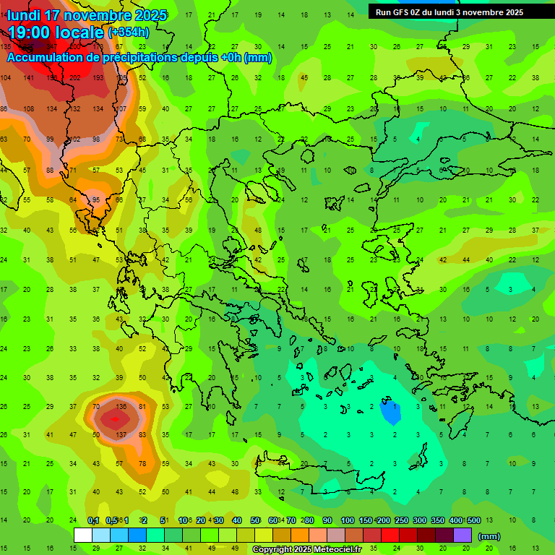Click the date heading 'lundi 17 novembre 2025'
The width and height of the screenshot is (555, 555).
87,15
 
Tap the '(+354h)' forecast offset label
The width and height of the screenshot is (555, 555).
129,33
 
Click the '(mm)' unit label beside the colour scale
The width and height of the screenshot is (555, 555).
489,536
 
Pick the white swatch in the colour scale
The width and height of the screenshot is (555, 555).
83,535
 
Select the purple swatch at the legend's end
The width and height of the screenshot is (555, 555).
462,535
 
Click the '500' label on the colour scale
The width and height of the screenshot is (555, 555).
473,520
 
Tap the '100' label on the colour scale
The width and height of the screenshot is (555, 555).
348,520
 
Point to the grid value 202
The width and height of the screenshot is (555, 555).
75,78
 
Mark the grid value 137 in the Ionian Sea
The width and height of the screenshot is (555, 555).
121,434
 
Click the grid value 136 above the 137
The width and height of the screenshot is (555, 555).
121,407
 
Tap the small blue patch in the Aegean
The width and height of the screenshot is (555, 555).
390,412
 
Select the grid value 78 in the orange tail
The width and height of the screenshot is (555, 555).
142,463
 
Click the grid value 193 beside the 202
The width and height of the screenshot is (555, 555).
98,78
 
